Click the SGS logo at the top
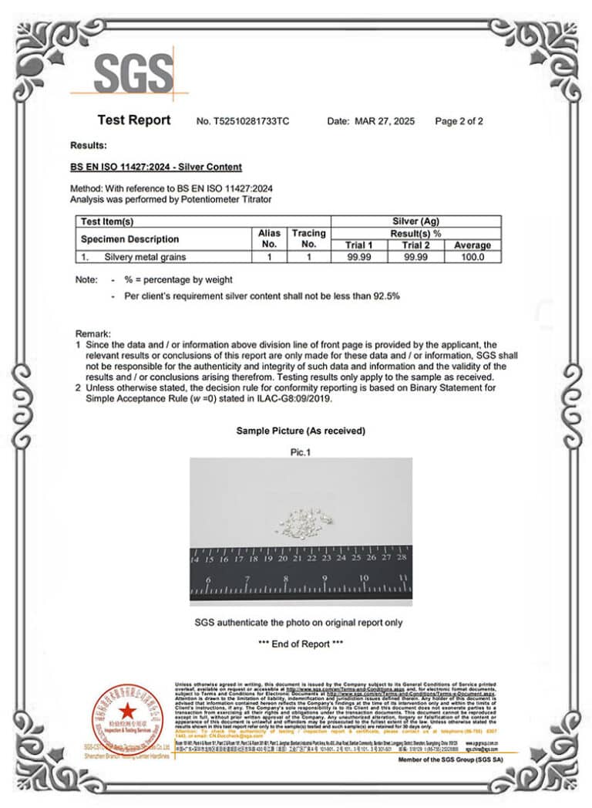pos(133,73)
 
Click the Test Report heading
pos(133,120)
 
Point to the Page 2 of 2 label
pos(459,121)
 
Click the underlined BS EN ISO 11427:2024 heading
pos(156,167)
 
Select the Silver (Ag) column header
pos(415,221)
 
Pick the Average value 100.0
pos(473,257)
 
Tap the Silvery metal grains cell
pos(145,257)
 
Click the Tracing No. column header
pos(308,238)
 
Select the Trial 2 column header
pos(415,245)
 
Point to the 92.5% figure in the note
pos(385,296)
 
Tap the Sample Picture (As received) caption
pos(301,431)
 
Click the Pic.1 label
pos(300,452)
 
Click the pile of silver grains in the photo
pos(304,523)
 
